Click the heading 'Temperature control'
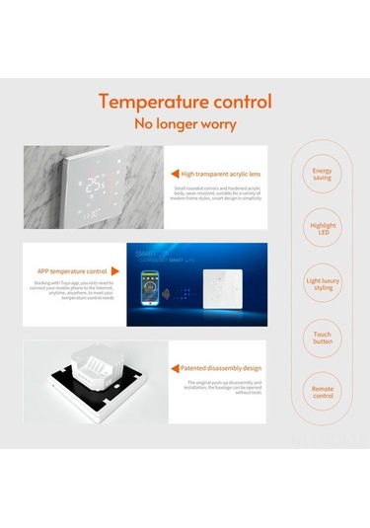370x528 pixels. pos(185,102)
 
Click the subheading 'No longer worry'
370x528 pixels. pos(185,124)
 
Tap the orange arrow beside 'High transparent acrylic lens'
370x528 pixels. pos(174,173)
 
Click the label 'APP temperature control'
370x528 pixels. pos(72,269)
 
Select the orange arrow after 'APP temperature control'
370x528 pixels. pos(115,269)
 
